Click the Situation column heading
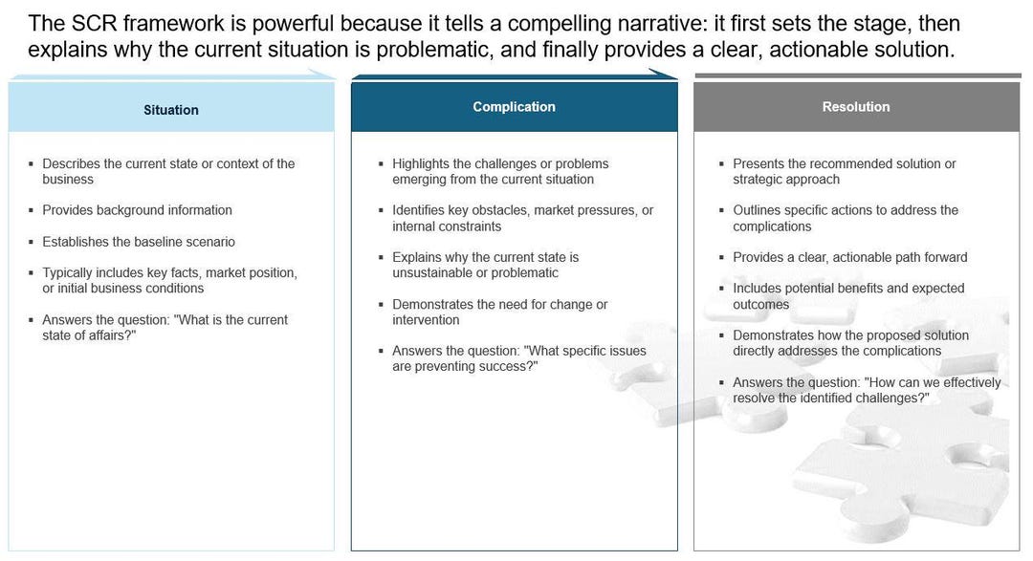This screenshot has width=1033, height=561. (x=171, y=110)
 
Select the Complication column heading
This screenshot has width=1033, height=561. (x=514, y=107)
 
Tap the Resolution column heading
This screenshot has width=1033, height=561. (x=855, y=107)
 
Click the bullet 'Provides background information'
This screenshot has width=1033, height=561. (x=137, y=210)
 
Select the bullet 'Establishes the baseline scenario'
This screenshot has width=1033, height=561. (x=138, y=242)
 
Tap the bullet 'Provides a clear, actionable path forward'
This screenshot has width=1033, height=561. (x=849, y=257)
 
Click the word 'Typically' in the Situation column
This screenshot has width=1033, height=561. (x=69, y=272)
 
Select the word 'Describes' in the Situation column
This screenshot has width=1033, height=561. (x=71, y=163)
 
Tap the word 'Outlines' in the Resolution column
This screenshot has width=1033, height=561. (x=758, y=210)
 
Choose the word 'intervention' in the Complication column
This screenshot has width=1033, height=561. (x=426, y=320)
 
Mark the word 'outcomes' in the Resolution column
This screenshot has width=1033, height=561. (x=760, y=305)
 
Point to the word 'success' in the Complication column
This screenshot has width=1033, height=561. (x=503, y=367)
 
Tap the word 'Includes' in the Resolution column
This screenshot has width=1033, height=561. (x=758, y=289)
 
